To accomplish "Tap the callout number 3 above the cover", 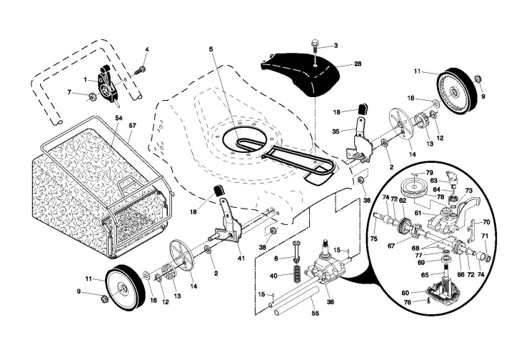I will [x=336, y=46].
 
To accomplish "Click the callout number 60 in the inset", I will [x=405, y=293].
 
